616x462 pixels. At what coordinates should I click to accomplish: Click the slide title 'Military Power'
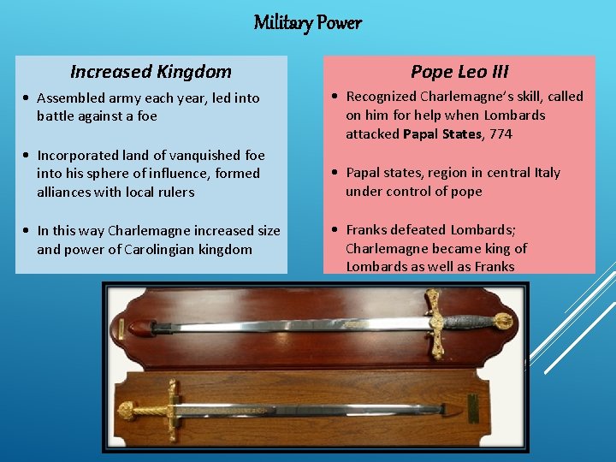pos(307,22)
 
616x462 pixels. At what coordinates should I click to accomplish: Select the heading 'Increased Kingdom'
pos(151,72)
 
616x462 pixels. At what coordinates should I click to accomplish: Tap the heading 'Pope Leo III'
pos(459,72)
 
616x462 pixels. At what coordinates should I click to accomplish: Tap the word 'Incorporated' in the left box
pos(76,156)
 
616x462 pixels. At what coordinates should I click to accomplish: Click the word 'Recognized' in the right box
pos(382,97)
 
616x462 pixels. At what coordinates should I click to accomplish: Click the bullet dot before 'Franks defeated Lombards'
pos(337,230)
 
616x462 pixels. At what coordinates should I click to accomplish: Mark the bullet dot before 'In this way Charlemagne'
pos(28,231)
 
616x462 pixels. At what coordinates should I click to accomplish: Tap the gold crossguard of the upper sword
pos(436,322)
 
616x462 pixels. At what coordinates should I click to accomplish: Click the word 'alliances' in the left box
pos(64,192)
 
